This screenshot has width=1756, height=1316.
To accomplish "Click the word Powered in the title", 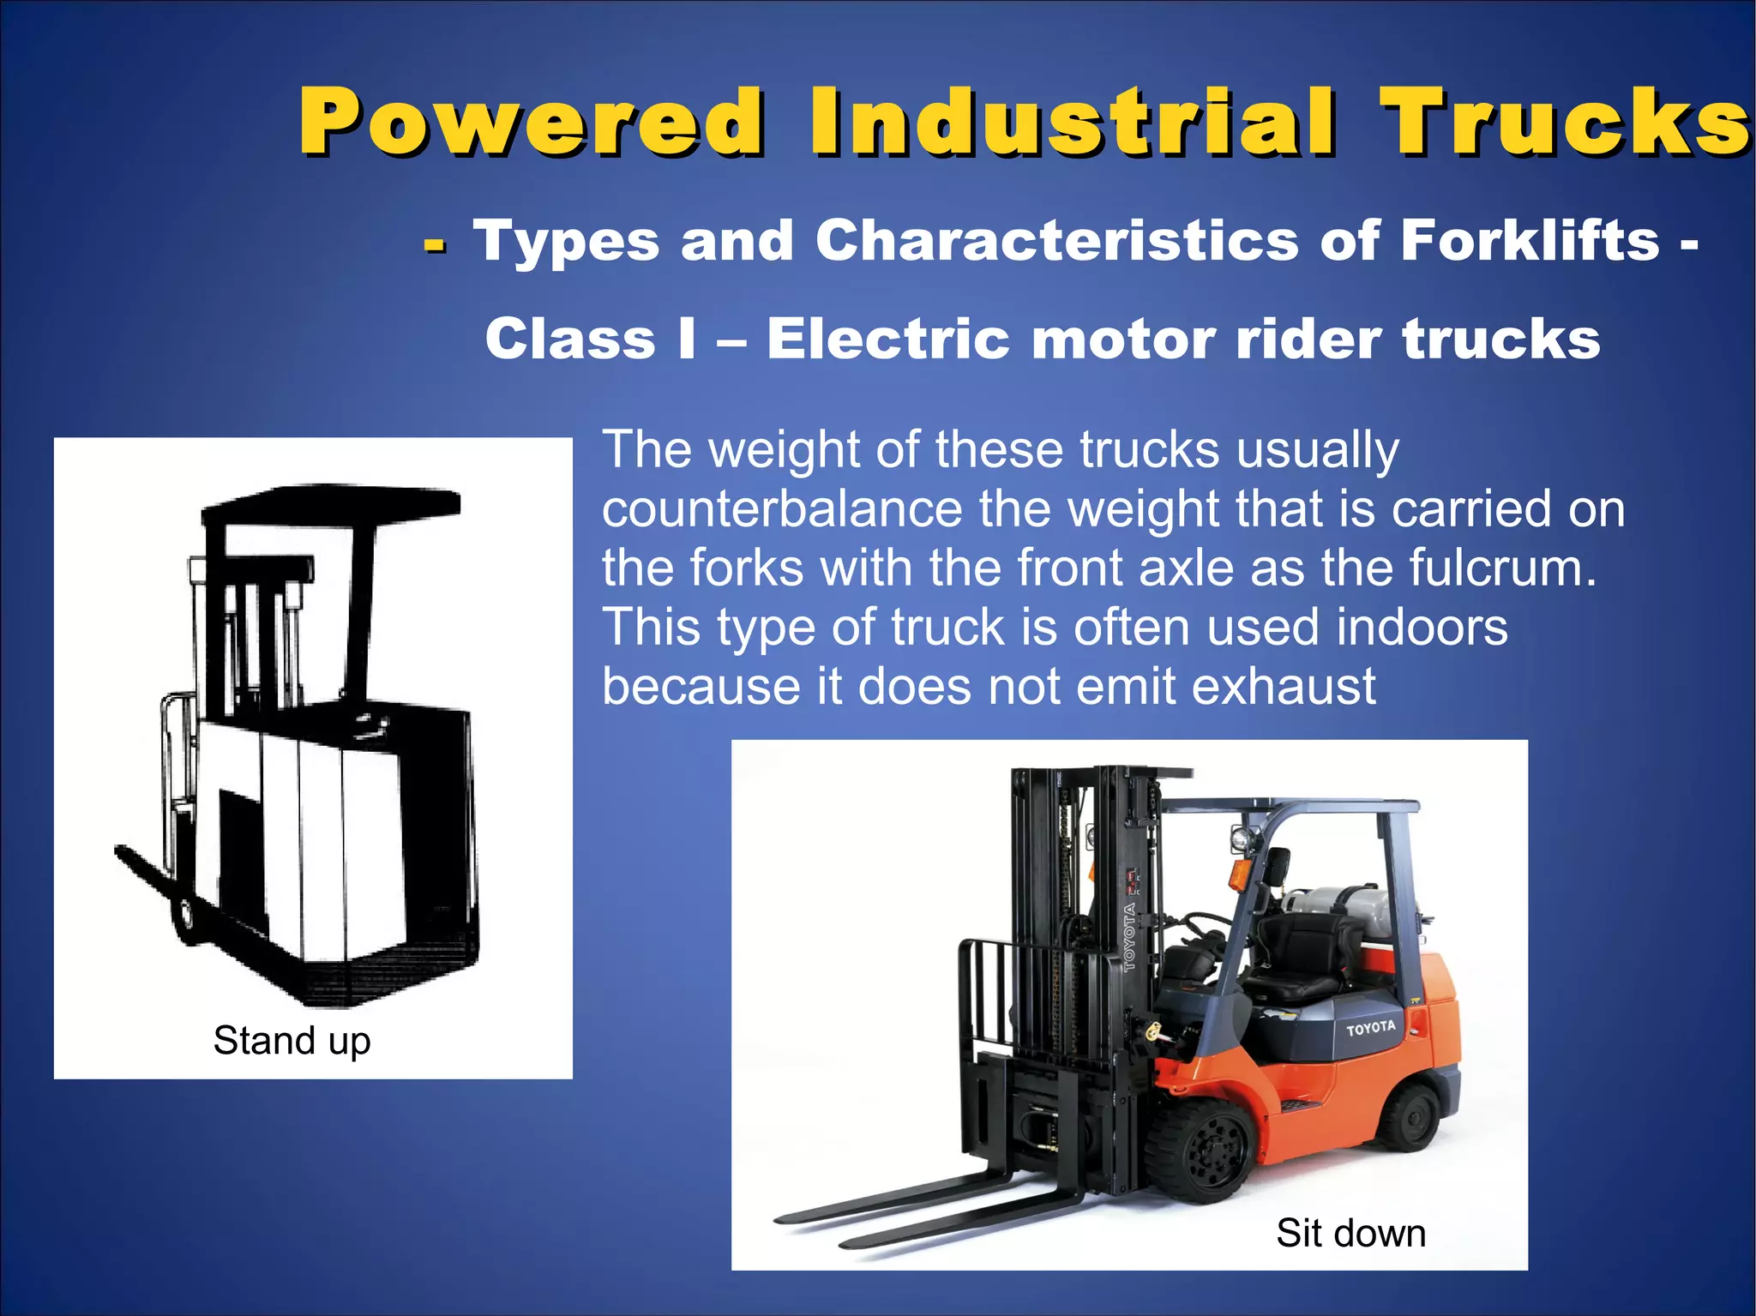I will [x=532, y=122].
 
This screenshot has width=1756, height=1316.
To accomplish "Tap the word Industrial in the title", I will [x=1072, y=122].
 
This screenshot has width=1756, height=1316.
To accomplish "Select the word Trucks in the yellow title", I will [x=1565, y=122].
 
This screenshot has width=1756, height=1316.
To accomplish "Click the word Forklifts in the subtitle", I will [x=1529, y=241].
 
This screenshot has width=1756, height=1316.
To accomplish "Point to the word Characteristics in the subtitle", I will [x=1056, y=241].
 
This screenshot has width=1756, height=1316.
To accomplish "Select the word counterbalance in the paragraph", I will [x=782, y=508].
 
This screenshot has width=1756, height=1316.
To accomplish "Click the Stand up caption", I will [x=292, y=1041].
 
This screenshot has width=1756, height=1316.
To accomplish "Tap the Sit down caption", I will [x=1350, y=1233].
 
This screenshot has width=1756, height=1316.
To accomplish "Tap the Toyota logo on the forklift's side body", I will [x=1370, y=1028].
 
